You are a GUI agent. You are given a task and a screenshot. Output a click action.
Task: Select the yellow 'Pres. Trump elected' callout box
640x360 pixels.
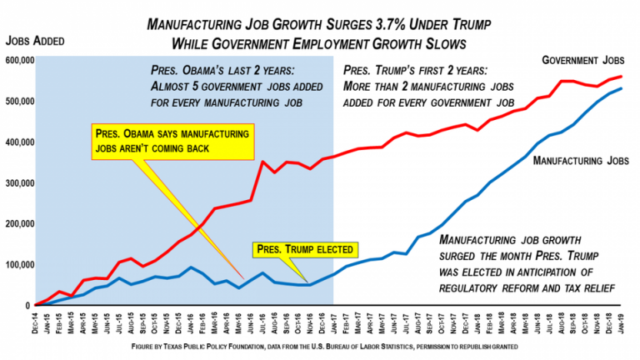click(x=305, y=248)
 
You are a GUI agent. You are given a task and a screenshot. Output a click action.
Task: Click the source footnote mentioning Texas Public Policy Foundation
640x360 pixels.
click(x=320, y=345)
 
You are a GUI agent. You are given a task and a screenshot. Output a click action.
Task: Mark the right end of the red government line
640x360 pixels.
click(x=622, y=77)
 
